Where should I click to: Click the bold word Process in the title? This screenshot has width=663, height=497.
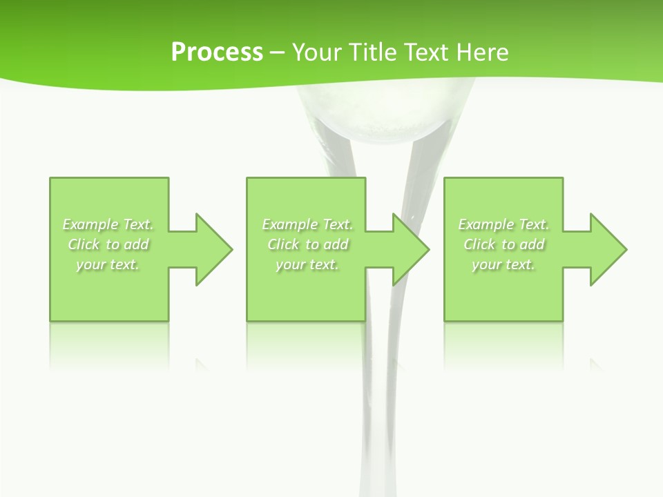217,52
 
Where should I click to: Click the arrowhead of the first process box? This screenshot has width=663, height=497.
214,249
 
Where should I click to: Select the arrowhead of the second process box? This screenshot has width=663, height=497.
411,249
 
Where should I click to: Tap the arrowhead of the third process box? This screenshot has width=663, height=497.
608,249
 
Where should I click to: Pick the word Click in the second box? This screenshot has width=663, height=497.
282,244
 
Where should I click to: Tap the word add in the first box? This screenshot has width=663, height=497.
137,244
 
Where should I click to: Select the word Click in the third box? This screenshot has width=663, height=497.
479,244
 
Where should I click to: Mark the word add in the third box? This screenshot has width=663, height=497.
532,244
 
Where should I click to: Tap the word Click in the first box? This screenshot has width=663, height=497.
84,244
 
